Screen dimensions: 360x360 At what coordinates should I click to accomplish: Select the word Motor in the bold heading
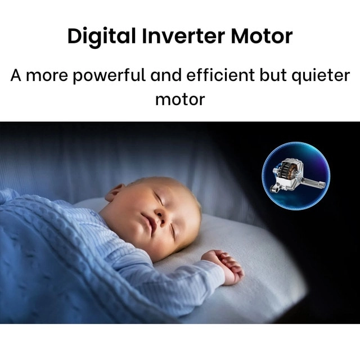tap(262, 36)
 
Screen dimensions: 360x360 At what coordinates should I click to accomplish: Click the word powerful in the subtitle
tap(109, 76)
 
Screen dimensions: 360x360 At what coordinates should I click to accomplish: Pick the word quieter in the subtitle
tap(321, 76)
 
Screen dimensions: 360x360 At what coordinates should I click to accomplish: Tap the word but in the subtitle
tap(273, 75)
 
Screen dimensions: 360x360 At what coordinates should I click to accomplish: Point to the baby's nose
tap(160, 217)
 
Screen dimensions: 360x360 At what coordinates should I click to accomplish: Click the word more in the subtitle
tap(47, 76)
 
